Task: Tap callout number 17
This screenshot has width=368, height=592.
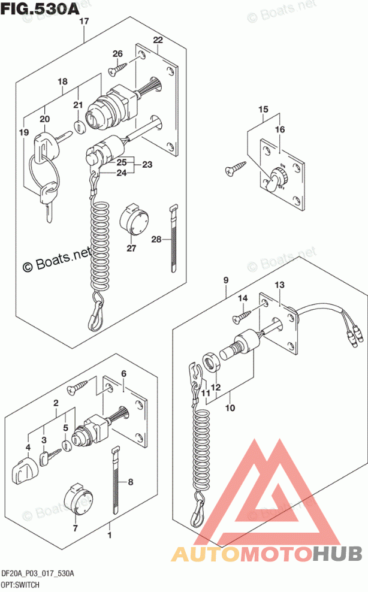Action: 84,22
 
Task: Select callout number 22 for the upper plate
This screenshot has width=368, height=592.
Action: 158,40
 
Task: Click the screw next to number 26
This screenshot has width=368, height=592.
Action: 117,70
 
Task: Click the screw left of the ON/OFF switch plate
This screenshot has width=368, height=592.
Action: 235,171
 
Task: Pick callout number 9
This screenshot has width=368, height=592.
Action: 226,280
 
